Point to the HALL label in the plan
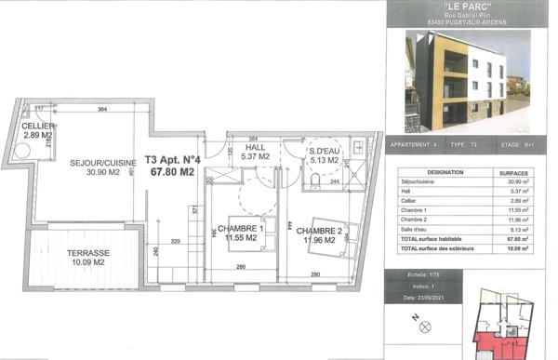click(255, 147)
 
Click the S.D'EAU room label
click(325, 150)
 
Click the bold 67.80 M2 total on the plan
click(173, 172)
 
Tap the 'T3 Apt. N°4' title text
click(173, 159)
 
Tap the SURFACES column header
click(512, 173)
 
